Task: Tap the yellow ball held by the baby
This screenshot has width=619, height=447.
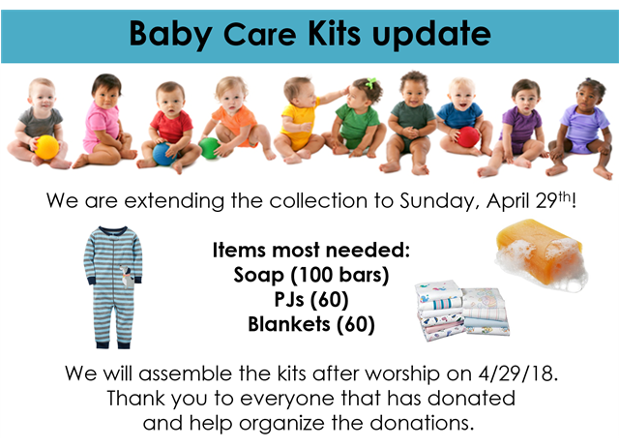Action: [x=47, y=147]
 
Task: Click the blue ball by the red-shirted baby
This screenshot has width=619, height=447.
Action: [x=163, y=154]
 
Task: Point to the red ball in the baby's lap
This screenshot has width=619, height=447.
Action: [x=468, y=137]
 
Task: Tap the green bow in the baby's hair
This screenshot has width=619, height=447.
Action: [x=370, y=83]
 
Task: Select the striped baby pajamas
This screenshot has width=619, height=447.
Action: [x=113, y=287]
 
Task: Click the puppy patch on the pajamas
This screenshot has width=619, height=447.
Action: [x=126, y=276]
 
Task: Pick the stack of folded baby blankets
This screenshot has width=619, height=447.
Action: [x=462, y=310]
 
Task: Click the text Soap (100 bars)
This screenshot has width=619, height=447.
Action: [x=311, y=275]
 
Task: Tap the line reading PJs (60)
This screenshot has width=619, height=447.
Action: [x=311, y=300]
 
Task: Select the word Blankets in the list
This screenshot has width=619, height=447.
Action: [x=288, y=324]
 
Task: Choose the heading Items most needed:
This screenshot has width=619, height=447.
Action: [x=311, y=250]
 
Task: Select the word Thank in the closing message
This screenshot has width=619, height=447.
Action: [x=133, y=398]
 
